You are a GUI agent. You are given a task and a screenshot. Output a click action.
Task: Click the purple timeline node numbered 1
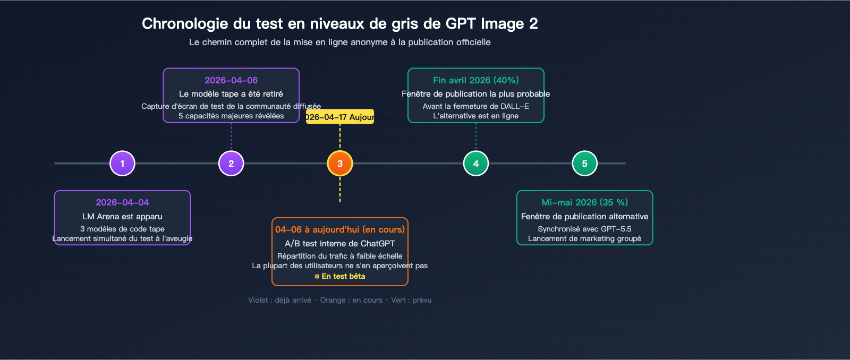[122, 164]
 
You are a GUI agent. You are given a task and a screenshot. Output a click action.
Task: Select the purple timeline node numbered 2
[231, 164]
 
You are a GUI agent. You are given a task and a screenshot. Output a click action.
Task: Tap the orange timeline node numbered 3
[340, 164]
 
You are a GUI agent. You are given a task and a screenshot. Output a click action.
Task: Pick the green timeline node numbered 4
[476, 164]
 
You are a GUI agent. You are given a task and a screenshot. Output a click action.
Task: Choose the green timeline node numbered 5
[584, 164]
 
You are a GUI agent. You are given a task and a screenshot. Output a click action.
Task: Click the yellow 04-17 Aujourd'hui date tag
[340, 117]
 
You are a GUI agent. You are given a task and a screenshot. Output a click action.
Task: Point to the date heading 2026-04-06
[231, 80]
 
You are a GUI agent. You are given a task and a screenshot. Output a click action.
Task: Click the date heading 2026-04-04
[122, 202]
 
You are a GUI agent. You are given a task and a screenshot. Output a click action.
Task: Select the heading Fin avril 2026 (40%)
[476, 80]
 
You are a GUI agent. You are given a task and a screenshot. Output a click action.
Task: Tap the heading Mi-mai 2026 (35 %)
[584, 202]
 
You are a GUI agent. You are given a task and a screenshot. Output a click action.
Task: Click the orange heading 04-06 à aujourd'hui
[340, 229]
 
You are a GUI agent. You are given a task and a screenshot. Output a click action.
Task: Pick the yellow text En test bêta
[340, 276]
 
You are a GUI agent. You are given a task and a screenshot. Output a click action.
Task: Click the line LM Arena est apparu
[122, 217]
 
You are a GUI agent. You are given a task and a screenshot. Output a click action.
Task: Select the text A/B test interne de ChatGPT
[340, 244]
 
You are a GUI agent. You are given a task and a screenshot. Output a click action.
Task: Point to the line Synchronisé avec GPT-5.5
[584, 229]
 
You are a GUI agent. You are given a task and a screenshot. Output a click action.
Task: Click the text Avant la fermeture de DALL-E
[476, 106]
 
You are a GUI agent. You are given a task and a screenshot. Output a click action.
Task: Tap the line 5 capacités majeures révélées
[231, 116]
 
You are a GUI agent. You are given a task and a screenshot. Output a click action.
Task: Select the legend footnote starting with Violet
[340, 300]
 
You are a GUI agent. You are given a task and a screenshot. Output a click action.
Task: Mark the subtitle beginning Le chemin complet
[340, 42]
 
